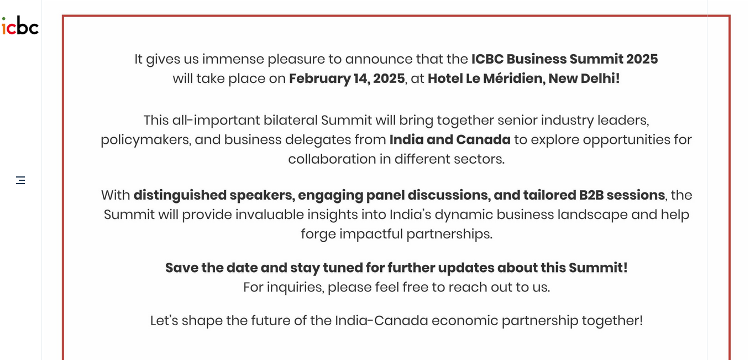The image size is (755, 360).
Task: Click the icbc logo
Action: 20,25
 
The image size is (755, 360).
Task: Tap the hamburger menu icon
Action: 20,180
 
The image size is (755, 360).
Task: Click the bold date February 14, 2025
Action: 347,79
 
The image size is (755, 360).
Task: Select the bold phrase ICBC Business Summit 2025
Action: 564,59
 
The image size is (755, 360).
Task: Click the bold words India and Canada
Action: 450,139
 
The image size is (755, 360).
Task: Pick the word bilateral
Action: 291,121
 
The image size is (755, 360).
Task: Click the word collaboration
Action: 332,159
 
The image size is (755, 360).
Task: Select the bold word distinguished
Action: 180,196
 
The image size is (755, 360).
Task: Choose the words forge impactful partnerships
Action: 396,234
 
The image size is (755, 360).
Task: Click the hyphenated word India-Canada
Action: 381,321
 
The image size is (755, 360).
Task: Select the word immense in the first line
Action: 233,59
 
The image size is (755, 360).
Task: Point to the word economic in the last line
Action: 465,321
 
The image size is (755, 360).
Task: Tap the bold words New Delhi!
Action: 584,79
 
